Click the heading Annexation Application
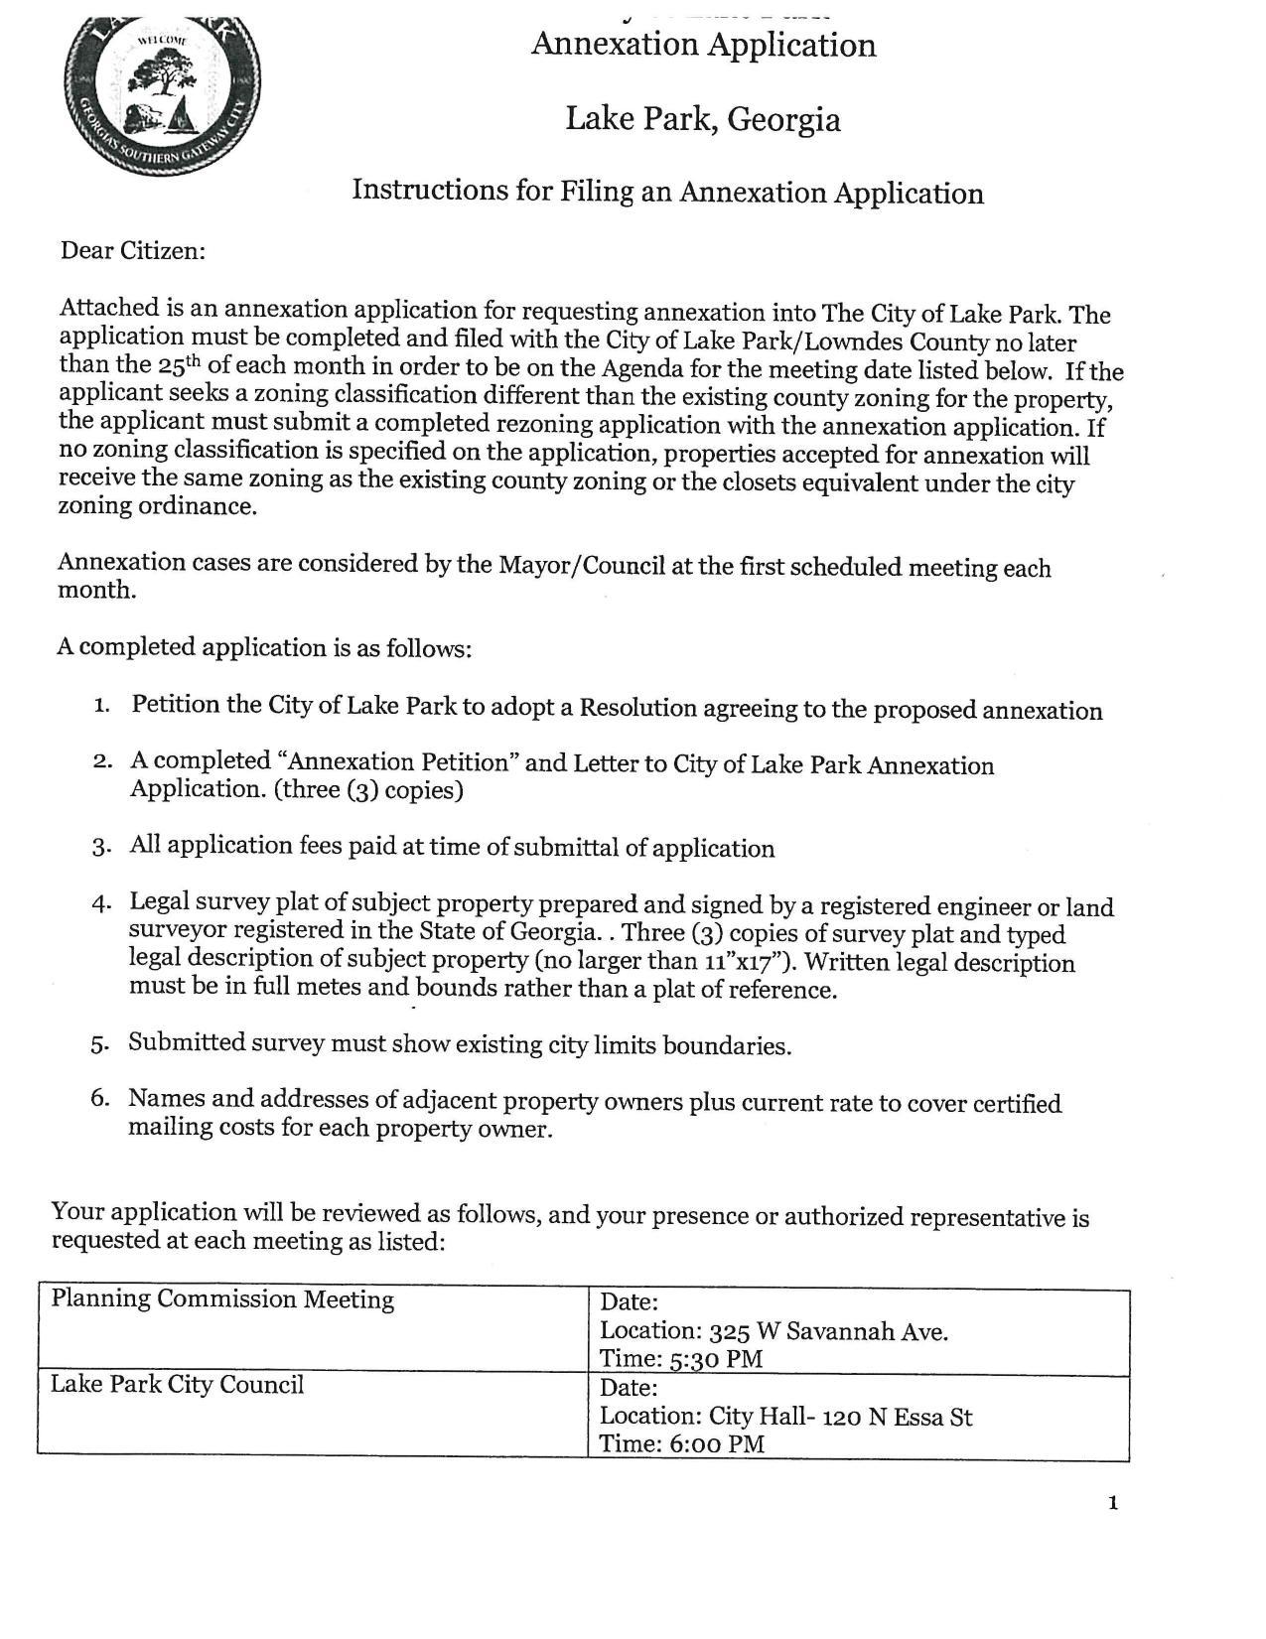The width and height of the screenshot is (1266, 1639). (x=703, y=46)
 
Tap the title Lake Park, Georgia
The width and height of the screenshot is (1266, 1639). (x=703, y=120)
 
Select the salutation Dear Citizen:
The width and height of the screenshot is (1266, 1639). (x=133, y=251)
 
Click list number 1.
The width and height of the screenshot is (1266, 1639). (x=101, y=706)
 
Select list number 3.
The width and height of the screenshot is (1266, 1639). (x=100, y=847)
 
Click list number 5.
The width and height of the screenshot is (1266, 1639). (x=99, y=1044)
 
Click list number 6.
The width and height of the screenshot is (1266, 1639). (x=99, y=1100)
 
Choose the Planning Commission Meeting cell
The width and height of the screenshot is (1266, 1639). (x=222, y=1299)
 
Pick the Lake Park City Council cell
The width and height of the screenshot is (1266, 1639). (x=177, y=1385)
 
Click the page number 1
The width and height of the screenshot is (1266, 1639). (x=1113, y=1503)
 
